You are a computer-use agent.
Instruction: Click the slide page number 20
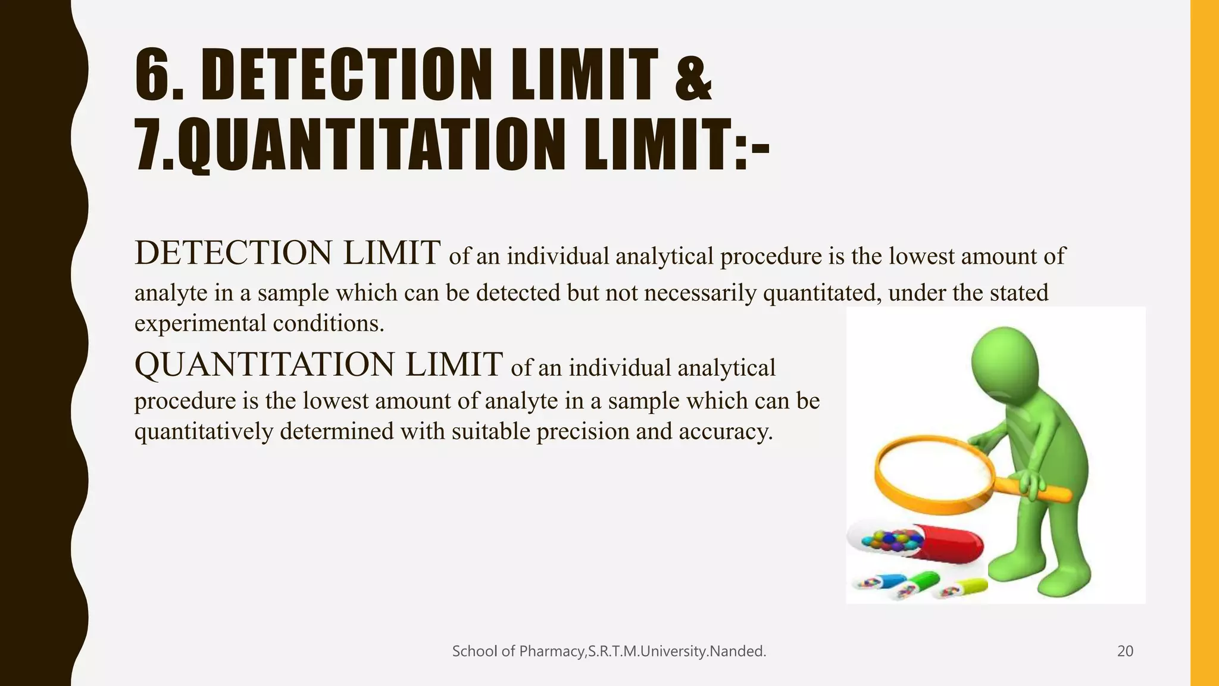tap(1125, 651)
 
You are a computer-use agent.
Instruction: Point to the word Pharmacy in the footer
tap(551, 651)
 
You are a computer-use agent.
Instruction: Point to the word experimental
tap(200, 324)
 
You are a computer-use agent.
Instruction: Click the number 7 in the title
tap(149, 145)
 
